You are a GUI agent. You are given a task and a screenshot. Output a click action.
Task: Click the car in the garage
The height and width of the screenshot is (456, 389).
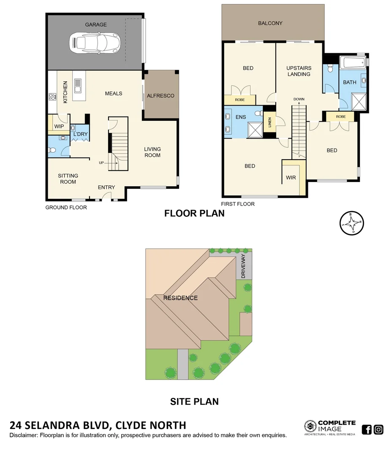(96, 42)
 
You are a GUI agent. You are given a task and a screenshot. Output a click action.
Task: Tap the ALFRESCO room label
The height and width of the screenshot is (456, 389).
(160, 96)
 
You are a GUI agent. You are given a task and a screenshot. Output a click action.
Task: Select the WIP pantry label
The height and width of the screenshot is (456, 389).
(59, 126)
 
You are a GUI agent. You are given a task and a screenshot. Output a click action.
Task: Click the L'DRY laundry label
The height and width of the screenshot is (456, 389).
(80, 134)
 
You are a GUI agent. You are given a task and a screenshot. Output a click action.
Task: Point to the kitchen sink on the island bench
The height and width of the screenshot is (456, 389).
(78, 86)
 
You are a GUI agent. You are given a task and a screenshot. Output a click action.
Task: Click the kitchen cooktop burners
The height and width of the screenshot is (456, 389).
(53, 97)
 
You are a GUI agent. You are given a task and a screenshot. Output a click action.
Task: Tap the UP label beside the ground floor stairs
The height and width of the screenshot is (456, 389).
(101, 163)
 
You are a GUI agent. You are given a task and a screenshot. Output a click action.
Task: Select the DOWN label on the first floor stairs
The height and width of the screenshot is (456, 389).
(299, 99)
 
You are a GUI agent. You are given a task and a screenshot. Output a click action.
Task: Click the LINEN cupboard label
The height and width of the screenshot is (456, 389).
(269, 123)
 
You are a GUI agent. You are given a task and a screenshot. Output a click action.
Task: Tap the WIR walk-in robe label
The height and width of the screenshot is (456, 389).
(291, 178)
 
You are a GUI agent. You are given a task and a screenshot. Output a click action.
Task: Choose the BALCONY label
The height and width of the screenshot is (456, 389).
(270, 23)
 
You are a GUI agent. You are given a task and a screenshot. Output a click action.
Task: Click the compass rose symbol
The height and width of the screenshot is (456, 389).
(352, 223)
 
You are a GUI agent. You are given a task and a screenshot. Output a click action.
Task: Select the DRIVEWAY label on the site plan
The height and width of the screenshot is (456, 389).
(243, 266)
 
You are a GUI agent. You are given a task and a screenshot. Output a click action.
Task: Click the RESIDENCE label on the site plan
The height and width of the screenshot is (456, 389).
(180, 298)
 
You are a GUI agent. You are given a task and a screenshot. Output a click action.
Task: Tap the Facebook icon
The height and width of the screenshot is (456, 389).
(367, 430)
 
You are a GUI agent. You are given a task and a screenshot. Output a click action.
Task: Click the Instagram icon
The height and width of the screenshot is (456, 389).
(378, 430)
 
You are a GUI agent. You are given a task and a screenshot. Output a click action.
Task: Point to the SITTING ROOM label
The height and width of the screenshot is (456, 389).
(68, 179)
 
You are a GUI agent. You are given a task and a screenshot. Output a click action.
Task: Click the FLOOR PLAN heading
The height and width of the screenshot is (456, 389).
(194, 213)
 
